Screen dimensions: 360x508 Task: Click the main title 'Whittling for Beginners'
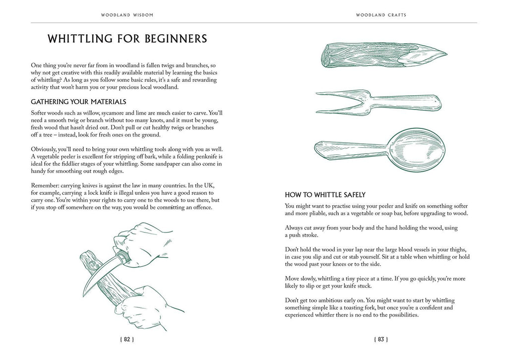click(x=127, y=39)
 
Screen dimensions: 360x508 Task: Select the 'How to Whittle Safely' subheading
click(x=325, y=195)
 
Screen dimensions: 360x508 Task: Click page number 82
click(x=127, y=340)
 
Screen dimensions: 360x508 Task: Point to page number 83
click(x=381, y=340)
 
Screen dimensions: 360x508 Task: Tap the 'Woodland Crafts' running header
click(x=381, y=15)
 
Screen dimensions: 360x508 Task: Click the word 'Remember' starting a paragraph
click(x=47, y=185)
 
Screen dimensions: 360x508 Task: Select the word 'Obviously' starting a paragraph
click(x=46, y=149)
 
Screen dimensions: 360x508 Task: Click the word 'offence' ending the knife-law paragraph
click(x=199, y=207)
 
